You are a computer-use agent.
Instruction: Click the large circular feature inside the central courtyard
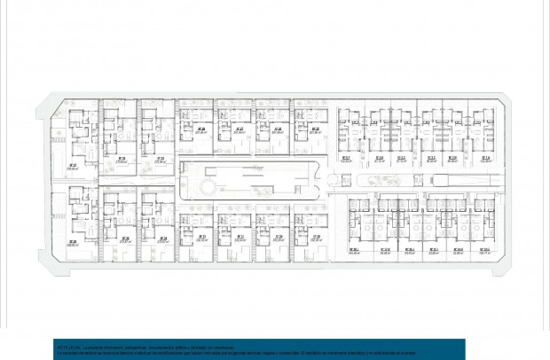click(203, 187)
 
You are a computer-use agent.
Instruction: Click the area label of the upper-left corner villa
click(74, 166)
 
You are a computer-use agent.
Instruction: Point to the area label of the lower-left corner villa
click(74, 242)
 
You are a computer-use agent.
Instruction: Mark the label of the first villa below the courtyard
click(201, 238)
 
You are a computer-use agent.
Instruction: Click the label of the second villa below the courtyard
click(240, 238)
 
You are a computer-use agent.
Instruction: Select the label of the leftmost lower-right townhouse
click(353, 251)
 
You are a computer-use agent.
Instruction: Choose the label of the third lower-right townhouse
click(410, 251)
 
